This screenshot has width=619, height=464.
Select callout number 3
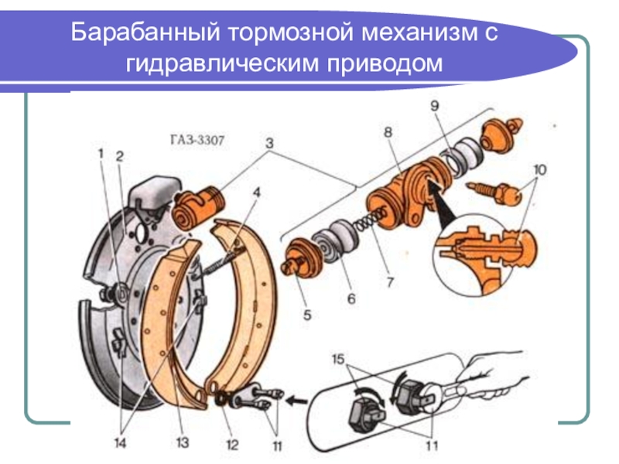269,143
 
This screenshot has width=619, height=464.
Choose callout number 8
387,132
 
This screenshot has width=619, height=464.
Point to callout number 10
539,169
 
